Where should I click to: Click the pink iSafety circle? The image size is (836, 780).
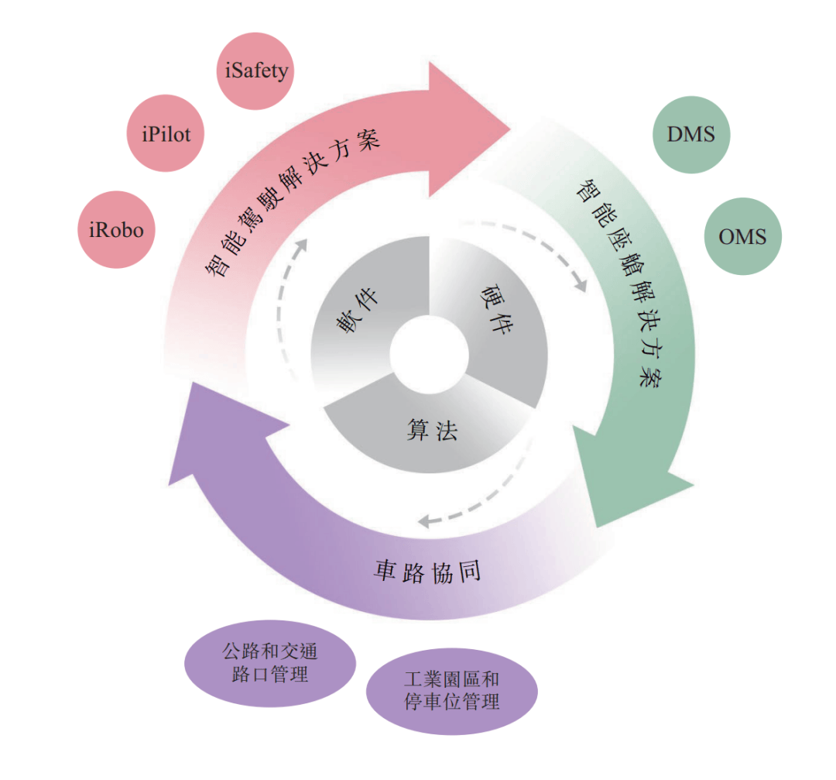pos(256,71)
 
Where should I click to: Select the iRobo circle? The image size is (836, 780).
pos(116,230)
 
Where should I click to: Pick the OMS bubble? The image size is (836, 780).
pos(742,236)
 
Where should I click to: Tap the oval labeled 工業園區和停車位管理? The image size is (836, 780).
pos(451,691)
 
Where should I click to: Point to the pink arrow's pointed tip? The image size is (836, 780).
pos(512,125)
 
